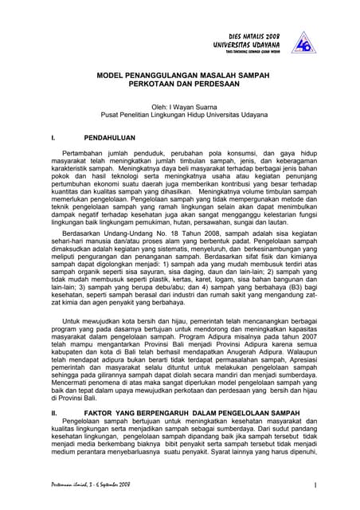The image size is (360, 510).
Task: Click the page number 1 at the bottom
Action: pos(315,484)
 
